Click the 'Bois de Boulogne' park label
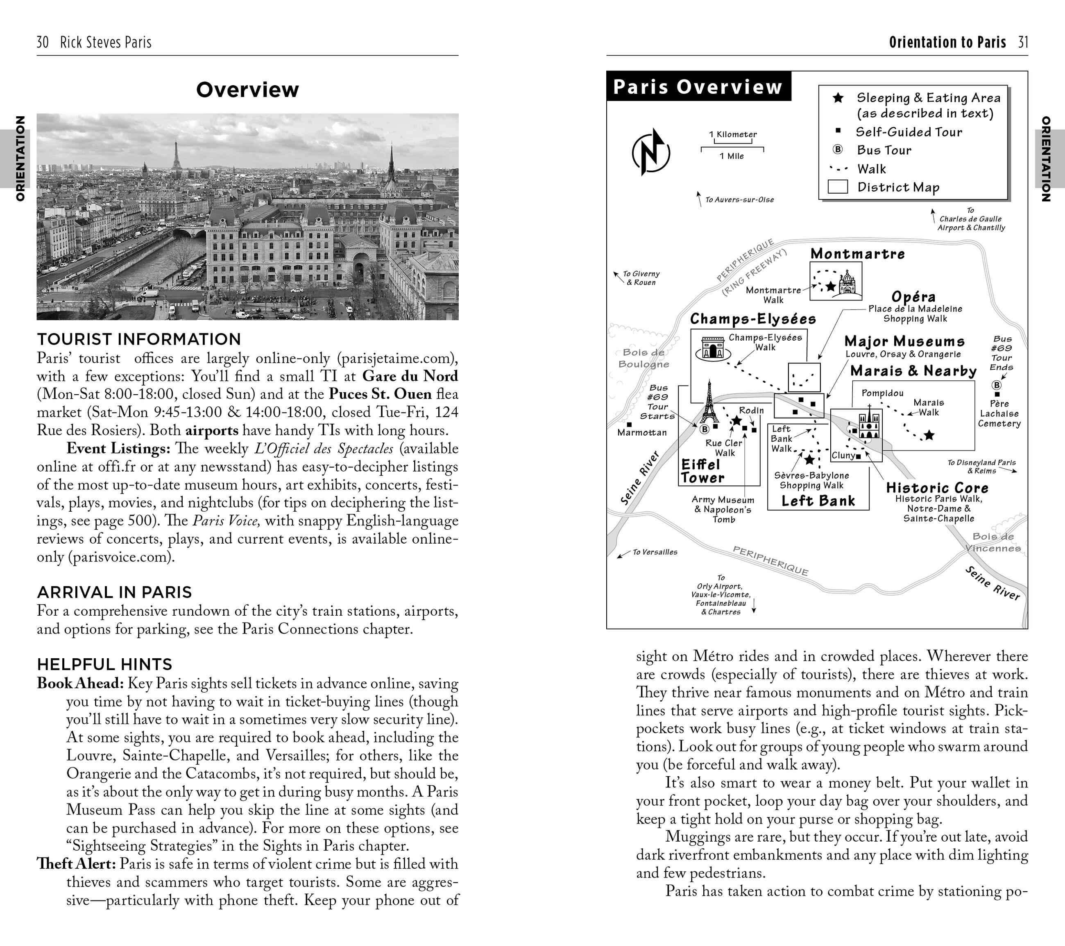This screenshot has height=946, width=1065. coord(644,358)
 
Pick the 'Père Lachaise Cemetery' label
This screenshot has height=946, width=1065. coord(999,413)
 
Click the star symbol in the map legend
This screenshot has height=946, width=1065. coord(838,98)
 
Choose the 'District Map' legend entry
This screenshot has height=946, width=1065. coord(898,187)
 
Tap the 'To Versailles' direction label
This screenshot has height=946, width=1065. coord(655,552)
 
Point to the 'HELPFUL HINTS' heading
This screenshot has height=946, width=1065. coord(104,664)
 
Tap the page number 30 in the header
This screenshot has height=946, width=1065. coord(43,42)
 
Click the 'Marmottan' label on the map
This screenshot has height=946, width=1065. coord(641,432)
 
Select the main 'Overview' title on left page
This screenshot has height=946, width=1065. coord(247,90)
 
